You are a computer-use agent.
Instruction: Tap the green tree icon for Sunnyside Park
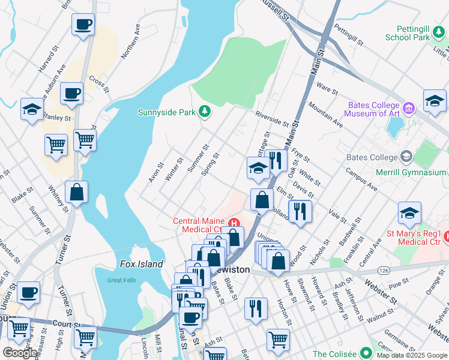pos(205,111)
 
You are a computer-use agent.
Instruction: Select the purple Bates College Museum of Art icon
pos(409,109)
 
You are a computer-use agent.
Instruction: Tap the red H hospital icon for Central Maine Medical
pos(234,224)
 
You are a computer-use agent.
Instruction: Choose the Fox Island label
pos(141,264)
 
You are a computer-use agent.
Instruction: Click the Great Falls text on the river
pos(122,280)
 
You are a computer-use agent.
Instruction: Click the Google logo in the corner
pos(20,353)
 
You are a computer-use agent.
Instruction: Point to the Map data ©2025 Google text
pos(412,355)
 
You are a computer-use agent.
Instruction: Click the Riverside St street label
pos(271,118)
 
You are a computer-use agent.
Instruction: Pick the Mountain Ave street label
pos(325,115)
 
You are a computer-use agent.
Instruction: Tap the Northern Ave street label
pos(130,41)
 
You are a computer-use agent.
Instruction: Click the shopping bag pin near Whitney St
pos(77,193)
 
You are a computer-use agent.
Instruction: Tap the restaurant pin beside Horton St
pos(256,308)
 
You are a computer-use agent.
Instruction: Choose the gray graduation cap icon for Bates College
pos(406,157)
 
